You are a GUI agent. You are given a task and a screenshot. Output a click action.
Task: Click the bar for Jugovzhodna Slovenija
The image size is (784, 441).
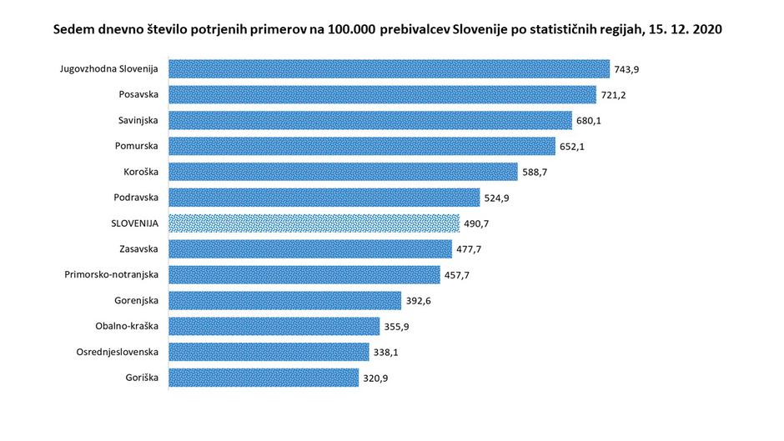pyautogui.click(x=389, y=68)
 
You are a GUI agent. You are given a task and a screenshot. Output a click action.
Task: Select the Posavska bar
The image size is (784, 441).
pyautogui.click(x=382, y=94)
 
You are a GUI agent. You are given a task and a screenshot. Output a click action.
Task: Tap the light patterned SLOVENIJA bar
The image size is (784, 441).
pyautogui.click(x=314, y=223)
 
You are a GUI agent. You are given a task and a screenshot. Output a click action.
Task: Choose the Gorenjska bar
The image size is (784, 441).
pyautogui.click(x=284, y=300)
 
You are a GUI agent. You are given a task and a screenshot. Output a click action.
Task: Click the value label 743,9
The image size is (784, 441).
pyautogui.click(x=626, y=69)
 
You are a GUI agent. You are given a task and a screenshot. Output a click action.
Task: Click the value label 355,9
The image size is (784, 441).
pyautogui.click(x=396, y=327)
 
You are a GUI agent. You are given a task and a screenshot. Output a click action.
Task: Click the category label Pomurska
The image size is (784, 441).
pyautogui.click(x=137, y=146)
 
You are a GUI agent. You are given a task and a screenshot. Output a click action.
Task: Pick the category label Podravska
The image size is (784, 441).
pyautogui.click(x=136, y=197)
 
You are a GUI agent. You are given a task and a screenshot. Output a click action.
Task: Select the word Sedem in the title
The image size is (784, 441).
pyautogui.click(x=71, y=28)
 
